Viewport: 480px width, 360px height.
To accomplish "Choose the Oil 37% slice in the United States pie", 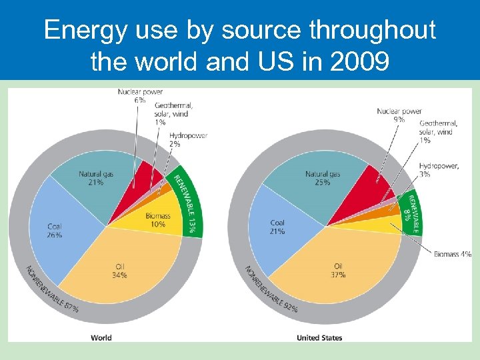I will click(337, 267).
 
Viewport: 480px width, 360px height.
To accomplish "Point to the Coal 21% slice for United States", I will click(277, 227).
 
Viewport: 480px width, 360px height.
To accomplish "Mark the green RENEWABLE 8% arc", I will click(411, 212).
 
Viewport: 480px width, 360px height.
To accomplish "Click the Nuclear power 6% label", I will click(140, 96).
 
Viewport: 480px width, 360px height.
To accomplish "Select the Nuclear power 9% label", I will click(399, 115).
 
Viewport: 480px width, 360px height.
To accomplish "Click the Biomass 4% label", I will click(452, 254).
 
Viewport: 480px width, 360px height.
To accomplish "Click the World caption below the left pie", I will click(101, 338).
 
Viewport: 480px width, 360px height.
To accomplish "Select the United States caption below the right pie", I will click(319, 338).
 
